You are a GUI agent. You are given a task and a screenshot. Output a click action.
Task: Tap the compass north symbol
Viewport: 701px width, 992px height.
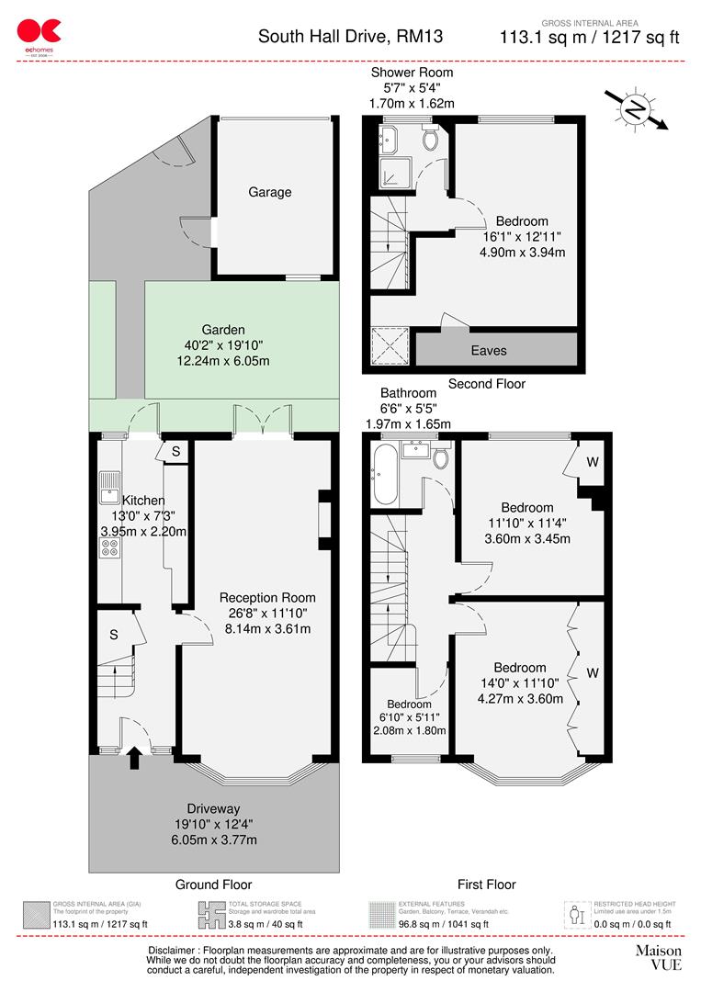634,109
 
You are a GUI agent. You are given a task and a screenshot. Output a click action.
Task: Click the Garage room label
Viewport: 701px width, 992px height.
269,192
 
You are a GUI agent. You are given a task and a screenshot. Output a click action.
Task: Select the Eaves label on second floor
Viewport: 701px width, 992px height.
489,350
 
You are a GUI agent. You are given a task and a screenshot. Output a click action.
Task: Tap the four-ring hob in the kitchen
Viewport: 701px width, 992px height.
109,547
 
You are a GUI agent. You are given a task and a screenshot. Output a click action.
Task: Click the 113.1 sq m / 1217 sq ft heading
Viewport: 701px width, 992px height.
589,38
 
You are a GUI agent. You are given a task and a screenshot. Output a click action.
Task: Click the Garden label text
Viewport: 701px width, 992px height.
223,330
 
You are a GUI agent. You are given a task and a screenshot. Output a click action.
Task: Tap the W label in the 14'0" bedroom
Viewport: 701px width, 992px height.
593,673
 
